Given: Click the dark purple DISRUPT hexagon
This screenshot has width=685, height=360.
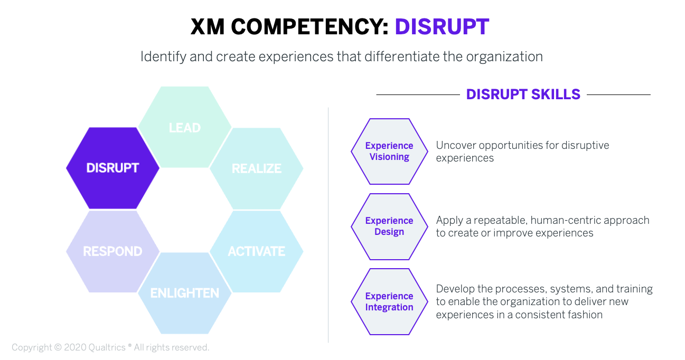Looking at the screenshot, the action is click(x=112, y=168).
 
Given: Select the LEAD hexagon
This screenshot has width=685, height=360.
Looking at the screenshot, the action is click(x=185, y=127).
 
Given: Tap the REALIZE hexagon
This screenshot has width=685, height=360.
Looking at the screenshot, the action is click(x=256, y=169).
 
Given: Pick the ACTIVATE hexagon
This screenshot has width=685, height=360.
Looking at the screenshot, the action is click(x=256, y=251).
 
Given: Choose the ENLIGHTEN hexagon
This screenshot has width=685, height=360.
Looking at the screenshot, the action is click(x=185, y=293).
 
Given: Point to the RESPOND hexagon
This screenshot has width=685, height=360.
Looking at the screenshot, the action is click(x=112, y=251).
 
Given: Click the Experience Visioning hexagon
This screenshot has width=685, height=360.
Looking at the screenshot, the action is click(x=389, y=151).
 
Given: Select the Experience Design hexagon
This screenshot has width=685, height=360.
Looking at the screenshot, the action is click(x=389, y=226).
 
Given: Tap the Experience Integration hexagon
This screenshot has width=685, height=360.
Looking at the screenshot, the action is click(x=389, y=301).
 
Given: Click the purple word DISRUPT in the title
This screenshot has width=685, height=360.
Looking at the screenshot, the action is click(x=442, y=27).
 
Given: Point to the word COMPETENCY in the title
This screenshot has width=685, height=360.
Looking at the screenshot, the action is click(x=309, y=27).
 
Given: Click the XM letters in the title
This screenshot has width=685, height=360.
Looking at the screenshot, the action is click(x=208, y=27).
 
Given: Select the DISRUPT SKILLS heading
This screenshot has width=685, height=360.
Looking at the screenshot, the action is click(x=523, y=94).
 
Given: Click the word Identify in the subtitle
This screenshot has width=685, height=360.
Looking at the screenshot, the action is click(x=163, y=57).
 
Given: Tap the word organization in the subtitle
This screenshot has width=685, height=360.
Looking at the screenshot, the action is click(x=504, y=57).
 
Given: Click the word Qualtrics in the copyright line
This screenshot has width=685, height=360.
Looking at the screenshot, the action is click(x=107, y=347).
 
